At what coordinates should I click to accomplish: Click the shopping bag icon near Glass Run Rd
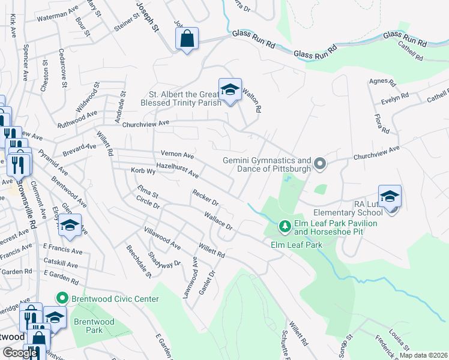click(x=186, y=39)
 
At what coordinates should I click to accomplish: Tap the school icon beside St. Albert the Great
click(x=229, y=90)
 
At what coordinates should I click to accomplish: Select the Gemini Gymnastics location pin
click(x=320, y=163)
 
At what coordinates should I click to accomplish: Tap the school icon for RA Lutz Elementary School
click(x=390, y=196)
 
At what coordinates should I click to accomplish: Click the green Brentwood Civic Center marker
click(x=61, y=298)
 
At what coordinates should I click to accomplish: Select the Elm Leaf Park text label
click(x=297, y=245)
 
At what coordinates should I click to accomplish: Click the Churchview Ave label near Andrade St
click(x=146, y=124)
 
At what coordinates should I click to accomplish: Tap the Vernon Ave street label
click(x=177, y=154)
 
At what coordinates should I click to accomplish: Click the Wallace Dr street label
click(x=217, y=220)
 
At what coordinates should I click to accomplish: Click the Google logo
click(x=20, y=353)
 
